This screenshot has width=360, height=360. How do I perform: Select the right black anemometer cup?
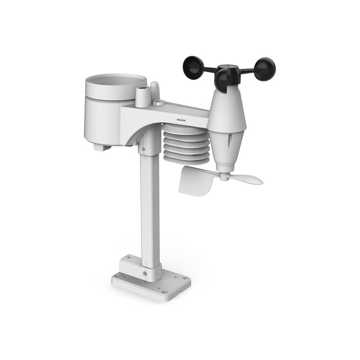265,69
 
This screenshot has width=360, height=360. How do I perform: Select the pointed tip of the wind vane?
262,181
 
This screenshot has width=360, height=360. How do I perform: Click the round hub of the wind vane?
225,176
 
